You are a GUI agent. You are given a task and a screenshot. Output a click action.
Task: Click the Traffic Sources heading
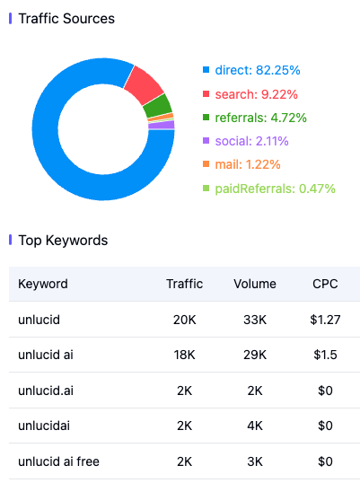pos(66,19)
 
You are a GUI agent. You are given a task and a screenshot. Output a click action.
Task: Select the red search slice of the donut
pos(144,84)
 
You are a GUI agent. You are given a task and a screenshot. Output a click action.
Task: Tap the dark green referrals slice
pos(158,106)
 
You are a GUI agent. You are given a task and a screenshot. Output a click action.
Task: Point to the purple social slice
pos(162,125)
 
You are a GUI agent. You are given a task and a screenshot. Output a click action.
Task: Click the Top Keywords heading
pos(63,241)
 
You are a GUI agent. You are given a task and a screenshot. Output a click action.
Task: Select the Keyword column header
pos(43,284)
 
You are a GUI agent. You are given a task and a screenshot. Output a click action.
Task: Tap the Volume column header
pos(255,284)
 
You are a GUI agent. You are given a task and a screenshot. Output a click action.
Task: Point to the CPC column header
pos(325,284)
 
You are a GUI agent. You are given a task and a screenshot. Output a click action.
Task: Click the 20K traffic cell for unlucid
pos(184,320)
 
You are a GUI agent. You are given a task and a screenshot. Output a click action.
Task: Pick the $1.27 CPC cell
pos(325,320)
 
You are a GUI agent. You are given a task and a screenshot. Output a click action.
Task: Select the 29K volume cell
pos(255,355)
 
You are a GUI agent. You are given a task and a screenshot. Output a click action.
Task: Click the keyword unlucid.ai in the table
pos(46,391)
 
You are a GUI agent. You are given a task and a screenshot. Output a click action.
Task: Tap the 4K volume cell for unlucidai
pos(255,426)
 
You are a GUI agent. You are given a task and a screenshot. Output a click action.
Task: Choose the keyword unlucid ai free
pos(59,461)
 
